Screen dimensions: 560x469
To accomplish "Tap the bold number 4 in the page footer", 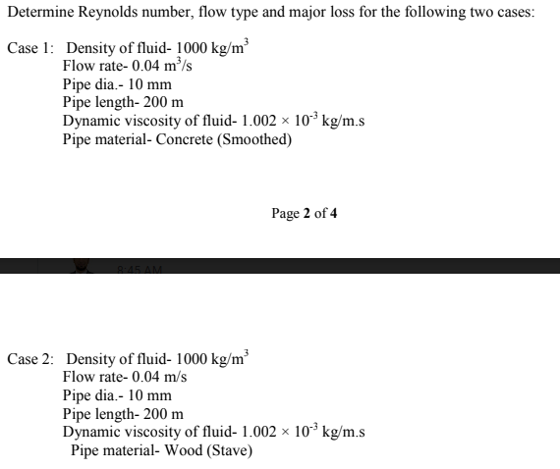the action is pyautogui.click(x=334, y=213).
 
